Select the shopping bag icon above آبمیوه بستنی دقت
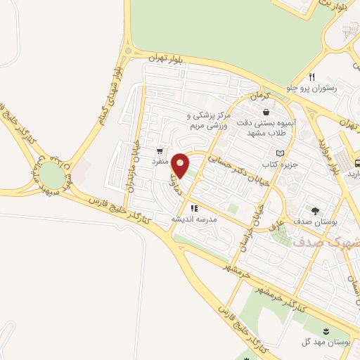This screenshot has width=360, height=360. [265, 112]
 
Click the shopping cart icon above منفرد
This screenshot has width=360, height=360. [161, 150]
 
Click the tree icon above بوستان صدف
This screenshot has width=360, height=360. [314, 210]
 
